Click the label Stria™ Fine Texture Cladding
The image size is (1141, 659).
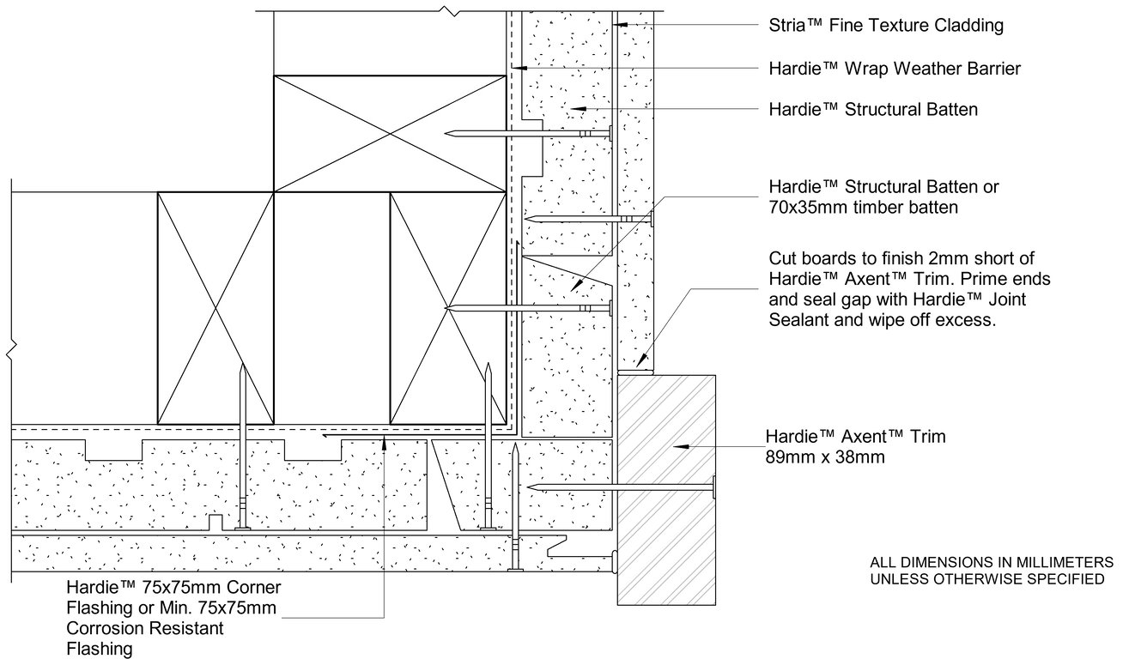tap(885, 26)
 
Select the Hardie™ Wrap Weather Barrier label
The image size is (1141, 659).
tap(895, 69)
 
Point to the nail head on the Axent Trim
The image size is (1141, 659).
tap(713, 487)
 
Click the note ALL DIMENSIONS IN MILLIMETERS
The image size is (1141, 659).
tap(992, 563)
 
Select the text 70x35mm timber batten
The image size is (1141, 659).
tap(863, 208)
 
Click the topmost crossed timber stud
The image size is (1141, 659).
tap(389, 133)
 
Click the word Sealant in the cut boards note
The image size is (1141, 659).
tap(798, 322)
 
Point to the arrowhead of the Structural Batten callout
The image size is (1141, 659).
tap(577, 110)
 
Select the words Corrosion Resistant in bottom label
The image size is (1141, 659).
tap(145, 629)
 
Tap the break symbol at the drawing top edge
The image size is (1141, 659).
tap(446, 10)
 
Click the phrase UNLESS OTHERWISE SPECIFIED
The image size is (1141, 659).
tap(987, 579)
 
